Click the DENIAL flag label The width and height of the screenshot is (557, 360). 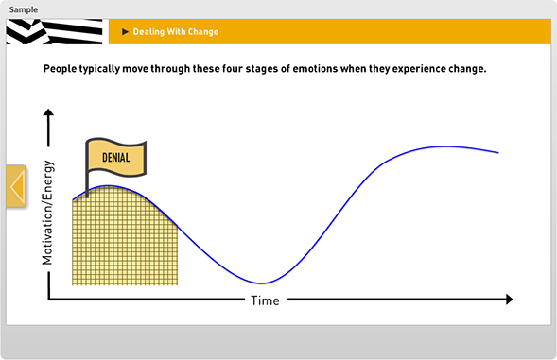click(115, 158)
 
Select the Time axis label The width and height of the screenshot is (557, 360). click(264, 300)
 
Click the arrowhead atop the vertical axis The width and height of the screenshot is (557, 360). click(48, 114)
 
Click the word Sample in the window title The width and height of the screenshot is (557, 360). click(24, 9)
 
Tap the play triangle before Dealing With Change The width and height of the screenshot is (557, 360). click(125, 32)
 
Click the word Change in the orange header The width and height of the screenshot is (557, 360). click(201, 32)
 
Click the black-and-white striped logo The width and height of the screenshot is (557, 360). click(55, 32)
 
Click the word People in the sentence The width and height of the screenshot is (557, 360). click(62, 70)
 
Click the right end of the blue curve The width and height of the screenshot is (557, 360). click(496, 152)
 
